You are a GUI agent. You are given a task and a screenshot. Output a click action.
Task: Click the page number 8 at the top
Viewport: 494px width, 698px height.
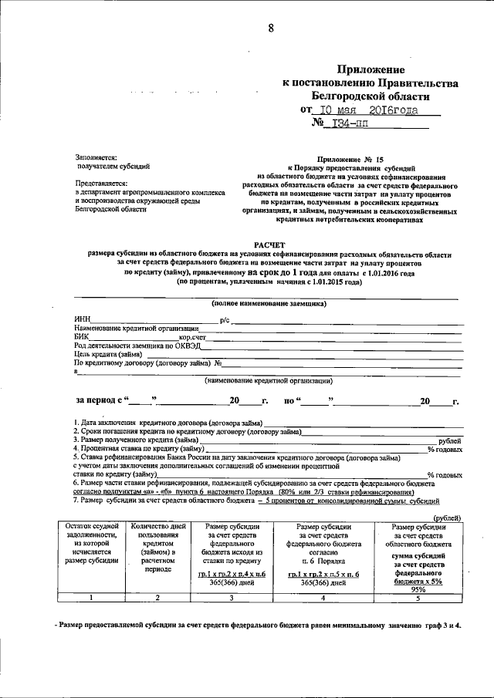tap(271, 29)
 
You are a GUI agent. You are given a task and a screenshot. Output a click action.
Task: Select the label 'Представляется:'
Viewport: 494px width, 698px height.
tap(100, 183)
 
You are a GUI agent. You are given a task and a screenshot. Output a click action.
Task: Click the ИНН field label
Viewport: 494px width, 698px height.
tap(82, 319)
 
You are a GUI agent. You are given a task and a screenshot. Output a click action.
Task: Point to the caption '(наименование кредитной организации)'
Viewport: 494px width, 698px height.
tap(269, 380)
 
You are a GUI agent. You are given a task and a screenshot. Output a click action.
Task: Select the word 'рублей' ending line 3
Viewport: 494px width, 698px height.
tap(449, 439)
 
